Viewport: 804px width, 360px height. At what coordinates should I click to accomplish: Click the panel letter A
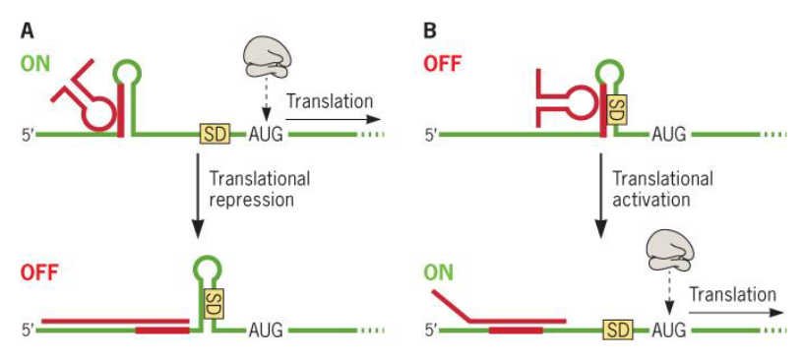click(x=28, y=30)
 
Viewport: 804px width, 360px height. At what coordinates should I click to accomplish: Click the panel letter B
click(x=429, y=30)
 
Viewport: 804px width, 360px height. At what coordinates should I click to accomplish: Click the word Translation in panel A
click(x=331, y=101)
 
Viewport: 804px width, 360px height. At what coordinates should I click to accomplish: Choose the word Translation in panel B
click(x=732, y=295)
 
